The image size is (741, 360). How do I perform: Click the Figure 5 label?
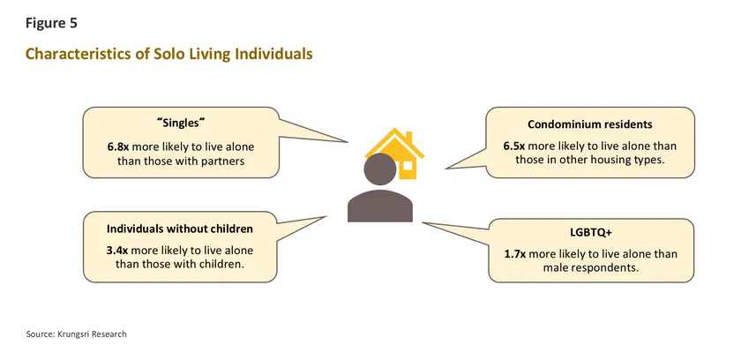[51, 24]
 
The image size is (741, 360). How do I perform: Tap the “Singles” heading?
[181, 124]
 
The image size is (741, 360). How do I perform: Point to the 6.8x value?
[117, 146]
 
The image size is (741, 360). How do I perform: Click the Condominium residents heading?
[590, 124]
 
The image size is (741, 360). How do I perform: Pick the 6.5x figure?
[514, 146]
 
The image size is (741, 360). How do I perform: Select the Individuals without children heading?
[180, 229]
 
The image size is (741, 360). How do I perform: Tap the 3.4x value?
[117, 251]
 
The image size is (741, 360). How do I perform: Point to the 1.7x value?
[515, 254]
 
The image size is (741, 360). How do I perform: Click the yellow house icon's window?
[406, 165]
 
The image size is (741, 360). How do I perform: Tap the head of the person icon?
[380, 169]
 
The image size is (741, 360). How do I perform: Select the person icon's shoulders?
[380, 206]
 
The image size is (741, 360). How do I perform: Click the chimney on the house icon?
[409, 137]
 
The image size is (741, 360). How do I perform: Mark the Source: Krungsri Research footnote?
[76, 334]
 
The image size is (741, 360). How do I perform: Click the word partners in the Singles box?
[225, 161]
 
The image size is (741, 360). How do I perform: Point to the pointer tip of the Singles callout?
[348, 142]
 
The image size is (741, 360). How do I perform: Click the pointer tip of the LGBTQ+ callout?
[423, 222]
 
